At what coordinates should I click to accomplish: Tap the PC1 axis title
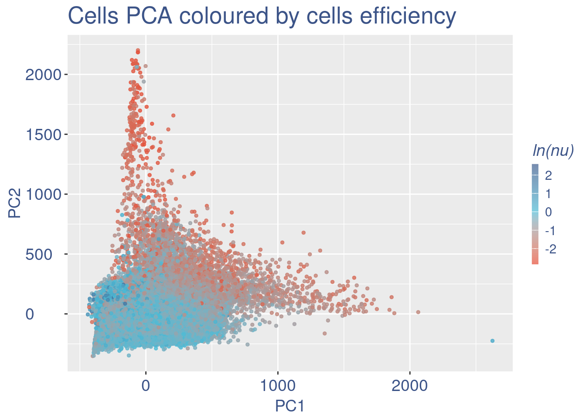290,406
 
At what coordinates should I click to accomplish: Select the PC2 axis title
15,202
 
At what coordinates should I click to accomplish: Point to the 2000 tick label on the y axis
42,75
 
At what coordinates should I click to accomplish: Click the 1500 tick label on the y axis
42,135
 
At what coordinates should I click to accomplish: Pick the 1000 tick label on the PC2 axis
42,194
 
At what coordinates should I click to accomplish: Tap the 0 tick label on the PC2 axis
30,314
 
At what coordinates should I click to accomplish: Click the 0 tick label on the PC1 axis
146,386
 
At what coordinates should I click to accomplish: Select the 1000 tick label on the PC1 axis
278,386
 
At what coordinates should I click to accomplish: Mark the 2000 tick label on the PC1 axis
410,386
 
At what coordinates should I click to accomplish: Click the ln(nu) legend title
553,150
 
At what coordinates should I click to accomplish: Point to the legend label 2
549,175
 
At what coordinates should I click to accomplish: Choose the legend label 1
549,194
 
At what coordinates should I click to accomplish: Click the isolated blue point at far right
492,341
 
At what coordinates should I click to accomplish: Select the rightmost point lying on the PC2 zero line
418,312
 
